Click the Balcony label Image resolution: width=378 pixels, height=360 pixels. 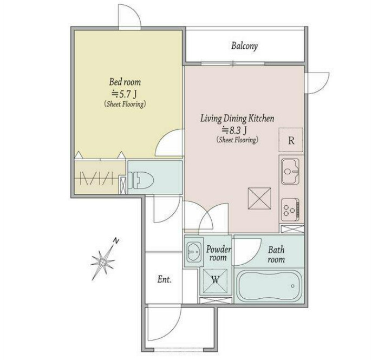pyautogui.click(x=244, y=46)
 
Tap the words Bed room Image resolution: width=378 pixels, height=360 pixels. pyautogui.click(x=125, y=82)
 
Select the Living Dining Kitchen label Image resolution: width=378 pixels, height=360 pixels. pyautogui.click(x=237, y=119)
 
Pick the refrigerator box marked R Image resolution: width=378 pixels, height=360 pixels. pyautogui.click(x=291, y=140)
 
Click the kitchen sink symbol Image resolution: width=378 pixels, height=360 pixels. pyautogui.click(x=290, y=171)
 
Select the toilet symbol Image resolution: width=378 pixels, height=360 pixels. pyautogui.click(x=141, y=180)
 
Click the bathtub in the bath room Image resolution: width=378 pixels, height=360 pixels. pyautogui.click(x=269, y=286)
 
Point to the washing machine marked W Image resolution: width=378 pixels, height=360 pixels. pyautogui.click(x=216, y=280)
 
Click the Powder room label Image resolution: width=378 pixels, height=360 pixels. pyautogui.click(x=218, y=253)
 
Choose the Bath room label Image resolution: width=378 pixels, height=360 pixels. pyautogui.click(x=276, y=254)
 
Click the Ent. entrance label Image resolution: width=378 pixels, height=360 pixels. pyautogui.click(x=165, y=279)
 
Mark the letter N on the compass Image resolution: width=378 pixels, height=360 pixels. pyautogui.click(x=116, y=240)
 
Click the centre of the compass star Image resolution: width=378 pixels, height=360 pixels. pyautogui.click(x=103, y=261)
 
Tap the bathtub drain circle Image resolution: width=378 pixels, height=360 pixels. pyautogui.click(x=292, y=286)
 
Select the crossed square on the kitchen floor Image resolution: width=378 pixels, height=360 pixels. pyautogui.click(x=259, y=198)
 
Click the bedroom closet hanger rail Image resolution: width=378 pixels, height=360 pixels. pyautogui.click(x=99, y=178)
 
